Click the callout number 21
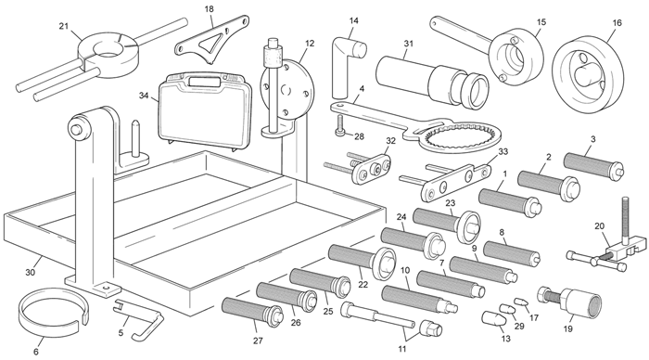(63, 26)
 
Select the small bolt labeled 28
(339, 125)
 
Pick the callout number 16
(617, 23)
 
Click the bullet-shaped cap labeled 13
(494, 320)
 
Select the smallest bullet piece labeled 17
(521, 302)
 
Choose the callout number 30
(31, 272)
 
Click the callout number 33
(503, 151)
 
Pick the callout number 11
(401, 349)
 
